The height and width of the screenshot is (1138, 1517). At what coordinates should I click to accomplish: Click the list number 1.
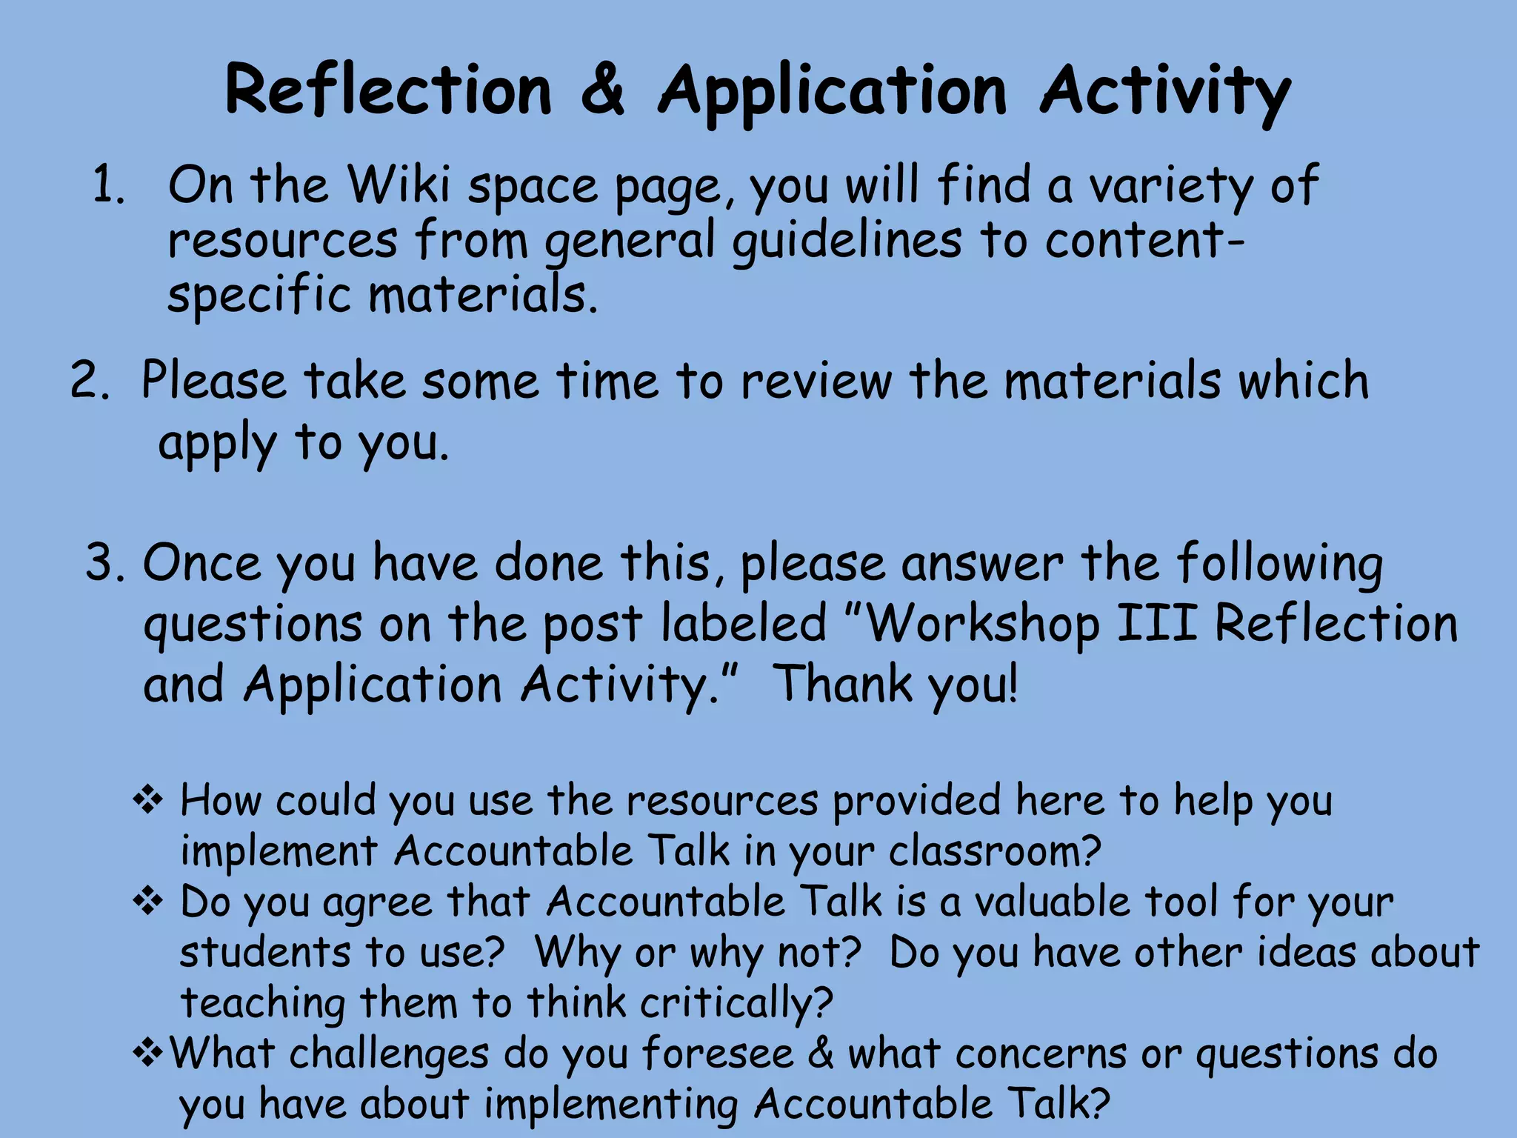click(x=108, y=185)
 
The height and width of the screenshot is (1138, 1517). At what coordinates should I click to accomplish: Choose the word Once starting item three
click(x=201, y=563)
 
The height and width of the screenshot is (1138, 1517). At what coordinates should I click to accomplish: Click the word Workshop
click(x=981, y=624)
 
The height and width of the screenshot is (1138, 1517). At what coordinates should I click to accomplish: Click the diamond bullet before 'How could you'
click(x=148, y=801)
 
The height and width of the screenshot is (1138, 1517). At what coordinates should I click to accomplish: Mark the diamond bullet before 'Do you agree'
click(x=148, y=902)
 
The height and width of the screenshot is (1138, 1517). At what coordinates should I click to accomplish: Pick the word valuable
click(x=1052, y=902)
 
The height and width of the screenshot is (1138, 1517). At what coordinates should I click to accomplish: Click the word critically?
click(x=737, y=1004)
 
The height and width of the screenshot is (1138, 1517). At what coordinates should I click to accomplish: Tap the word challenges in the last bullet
click(x=389, y=1054)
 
